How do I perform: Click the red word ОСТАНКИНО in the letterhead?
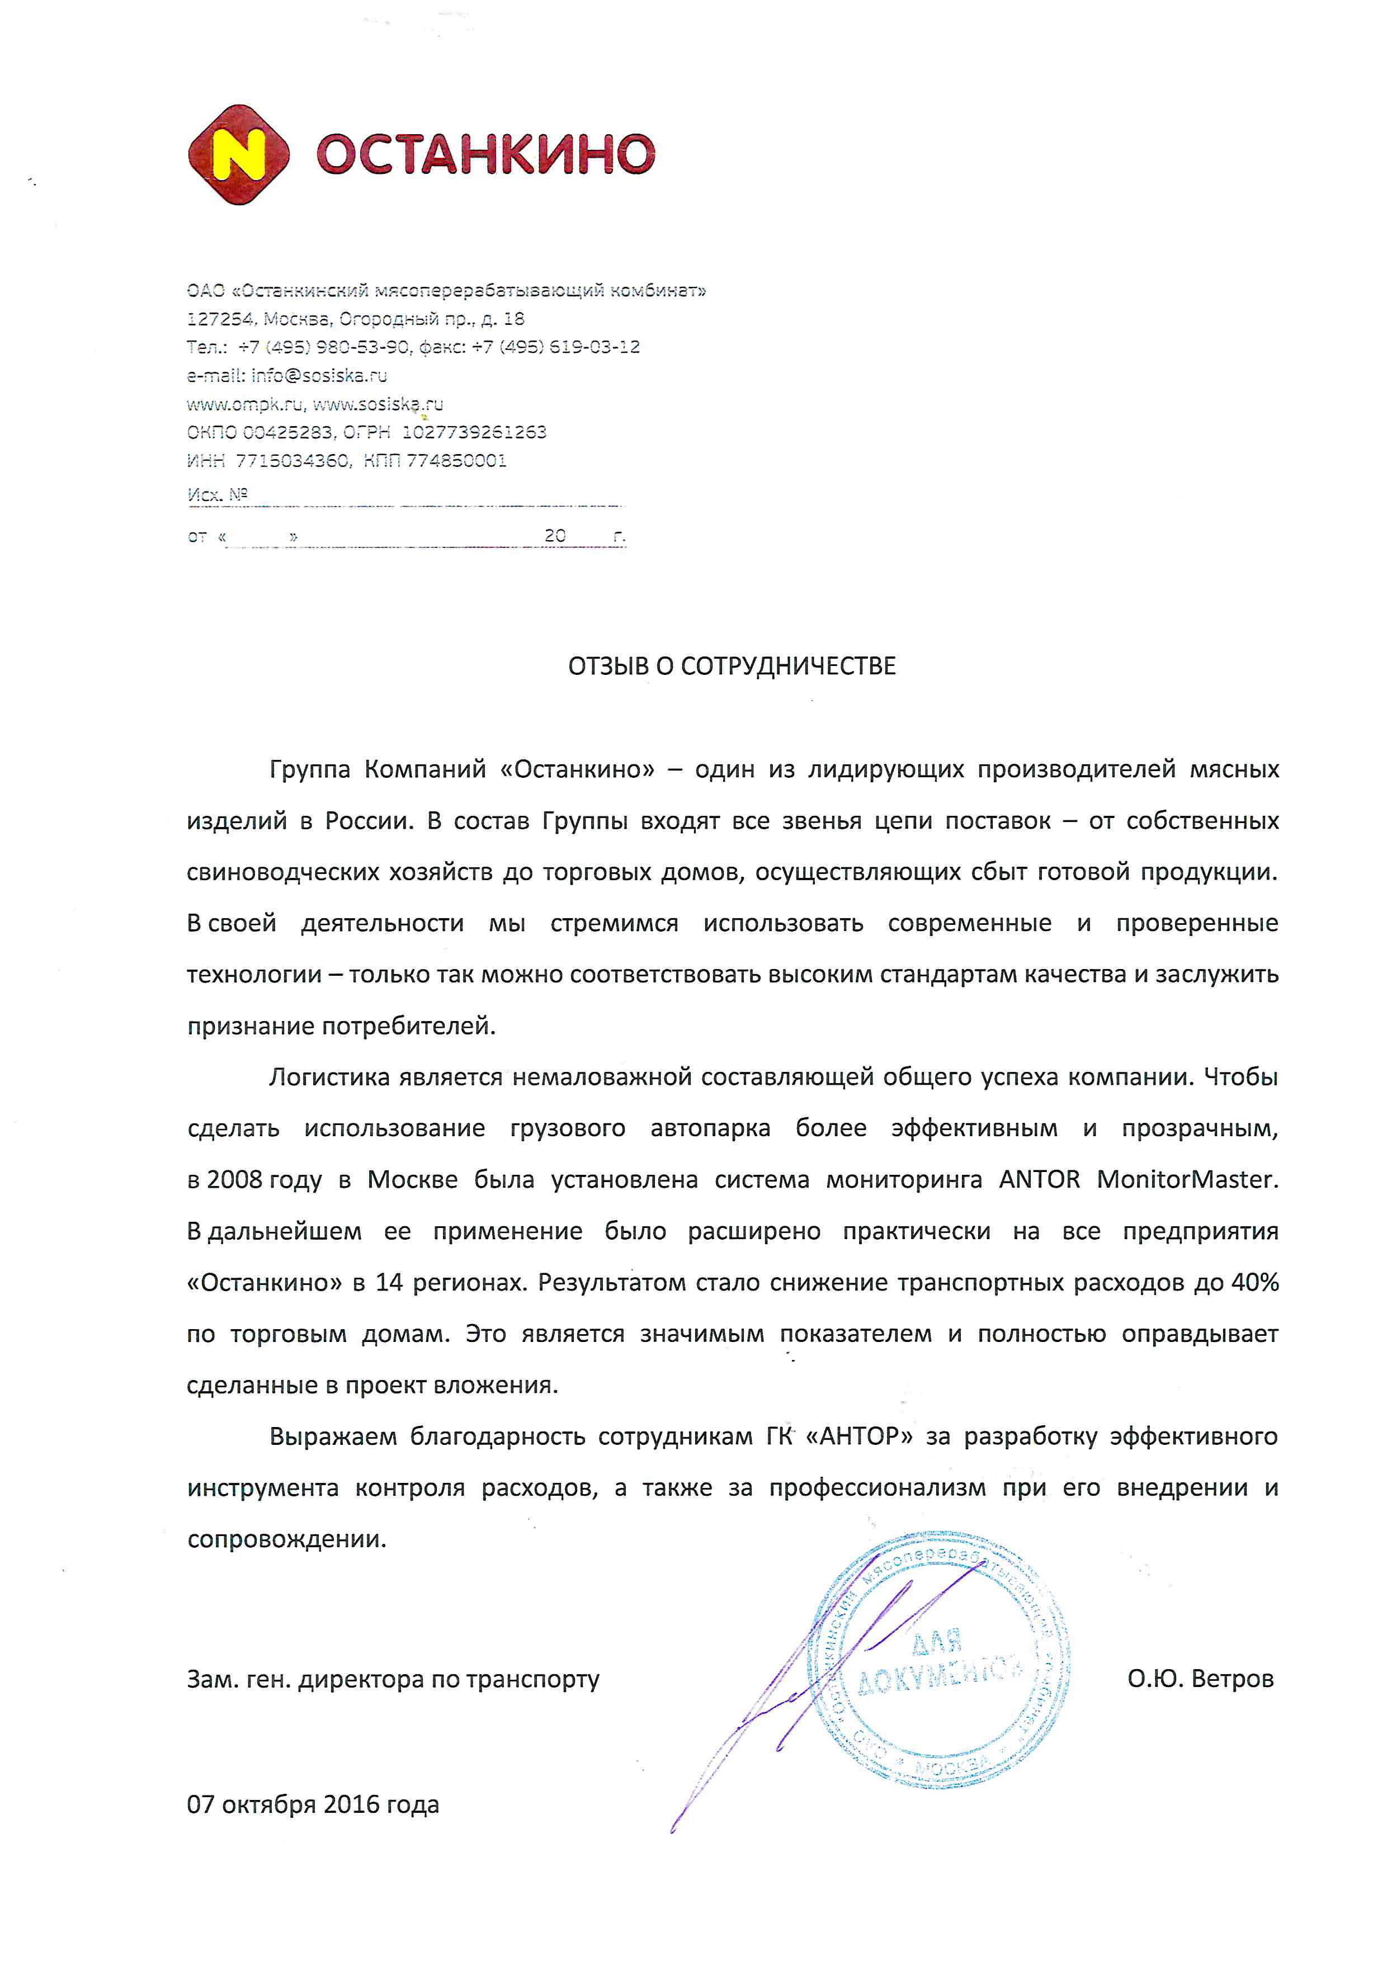coord(485,154)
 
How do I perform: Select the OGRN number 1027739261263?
coord(474,432)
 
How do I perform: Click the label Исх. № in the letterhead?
coord(217,494)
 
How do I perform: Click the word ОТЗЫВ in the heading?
coord(608,666)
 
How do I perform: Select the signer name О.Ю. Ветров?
coord(1200,1678)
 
